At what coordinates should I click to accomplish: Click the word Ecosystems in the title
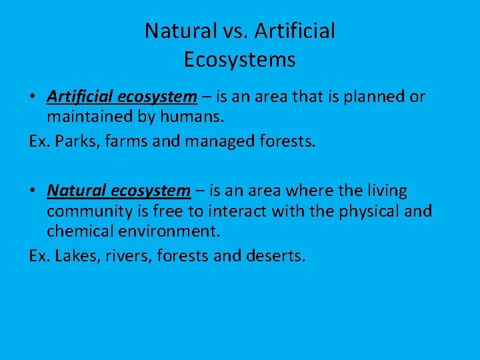239,60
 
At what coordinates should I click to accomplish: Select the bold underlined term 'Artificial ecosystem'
122,97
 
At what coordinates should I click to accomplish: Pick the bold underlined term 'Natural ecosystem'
119,191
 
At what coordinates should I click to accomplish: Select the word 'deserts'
274,256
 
